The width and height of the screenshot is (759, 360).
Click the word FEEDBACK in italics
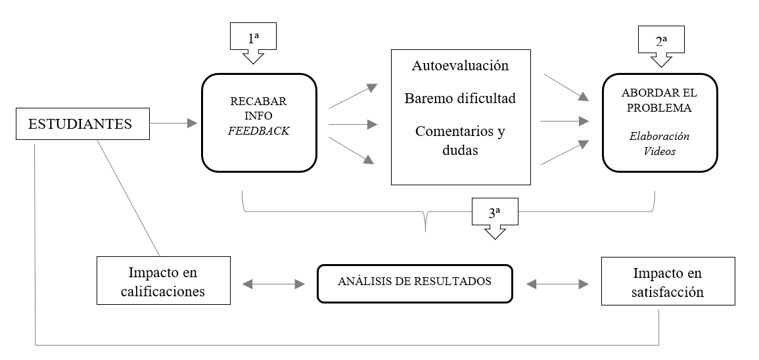pos(259,130)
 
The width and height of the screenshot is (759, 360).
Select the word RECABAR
pos(259,103)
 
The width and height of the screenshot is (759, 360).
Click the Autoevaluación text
pos(460,66)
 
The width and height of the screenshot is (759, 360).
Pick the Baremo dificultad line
pos(460,99)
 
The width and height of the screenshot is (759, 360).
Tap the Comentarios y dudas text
pos(460,140)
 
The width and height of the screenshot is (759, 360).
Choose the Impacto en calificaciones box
pos(164,281)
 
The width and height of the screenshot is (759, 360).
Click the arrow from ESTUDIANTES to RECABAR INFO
pos(173,123)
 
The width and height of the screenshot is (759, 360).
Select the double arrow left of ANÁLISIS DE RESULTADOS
pos(273,284)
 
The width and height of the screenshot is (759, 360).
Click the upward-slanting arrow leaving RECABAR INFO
pos(353,96)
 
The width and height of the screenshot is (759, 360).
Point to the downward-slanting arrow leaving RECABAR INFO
pos(353,150)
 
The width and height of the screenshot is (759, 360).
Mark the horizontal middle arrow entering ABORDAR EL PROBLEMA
pos(563,121)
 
